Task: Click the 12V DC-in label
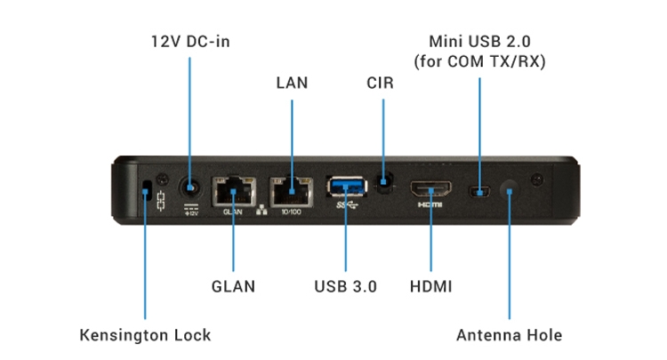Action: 189,42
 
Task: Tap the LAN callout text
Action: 291,83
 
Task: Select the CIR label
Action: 381,83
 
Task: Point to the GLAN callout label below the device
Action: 233,286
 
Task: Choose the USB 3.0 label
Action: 345,286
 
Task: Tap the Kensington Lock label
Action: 146,335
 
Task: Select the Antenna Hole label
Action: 510,335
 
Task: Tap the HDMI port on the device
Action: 430,189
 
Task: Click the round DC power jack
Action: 189,188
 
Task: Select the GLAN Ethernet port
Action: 232,190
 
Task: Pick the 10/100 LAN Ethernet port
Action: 291,190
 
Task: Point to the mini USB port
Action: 481,190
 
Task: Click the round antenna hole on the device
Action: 510,189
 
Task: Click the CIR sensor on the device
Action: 382,185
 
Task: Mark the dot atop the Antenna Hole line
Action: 510,189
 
